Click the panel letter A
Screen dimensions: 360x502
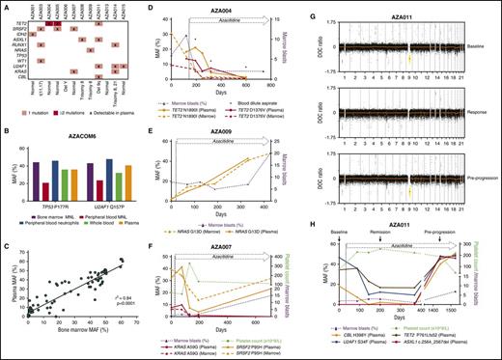[x=5, y=6]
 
